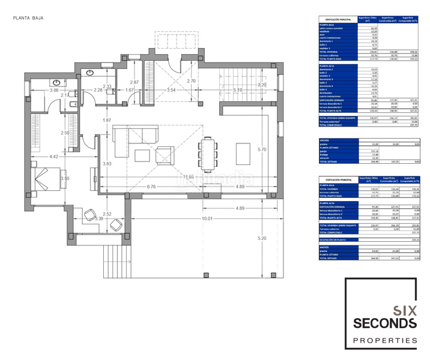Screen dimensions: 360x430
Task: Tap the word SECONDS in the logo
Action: pyautogui.click(x=384, y=324)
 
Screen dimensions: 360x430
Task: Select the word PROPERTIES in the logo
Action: pyautogui.click(x=384, y=341)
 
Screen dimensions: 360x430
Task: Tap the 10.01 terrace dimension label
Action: pyautogui.click(x=208, y=219)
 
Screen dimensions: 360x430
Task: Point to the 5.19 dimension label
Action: pyautogui.click(x=237, y=90)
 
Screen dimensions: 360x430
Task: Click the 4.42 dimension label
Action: pyautogui.click(x=53, y=157)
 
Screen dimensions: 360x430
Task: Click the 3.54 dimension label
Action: pyautogui.click(x=171, y=90)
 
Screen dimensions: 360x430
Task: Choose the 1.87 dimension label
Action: pyautogui.click(x=107, y=121)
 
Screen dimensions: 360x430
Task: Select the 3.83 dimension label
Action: pyautogui.click(x=107, y=164)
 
